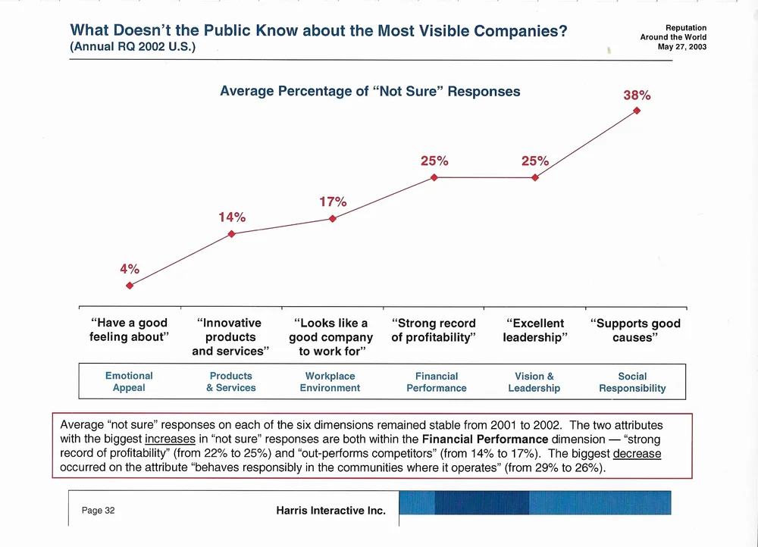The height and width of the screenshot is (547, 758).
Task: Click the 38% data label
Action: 637,96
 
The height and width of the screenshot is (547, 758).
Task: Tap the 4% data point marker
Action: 130,286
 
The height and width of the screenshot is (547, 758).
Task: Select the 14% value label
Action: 232,217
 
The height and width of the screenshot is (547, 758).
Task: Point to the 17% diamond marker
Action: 333,219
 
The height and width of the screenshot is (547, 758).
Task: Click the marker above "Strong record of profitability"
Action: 434,177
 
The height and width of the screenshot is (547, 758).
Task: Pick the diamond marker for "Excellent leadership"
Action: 535,177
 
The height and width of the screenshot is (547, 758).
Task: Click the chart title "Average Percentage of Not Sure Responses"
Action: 370,92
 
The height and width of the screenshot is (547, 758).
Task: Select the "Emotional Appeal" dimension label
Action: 129,382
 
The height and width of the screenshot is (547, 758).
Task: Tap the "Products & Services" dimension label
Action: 231,382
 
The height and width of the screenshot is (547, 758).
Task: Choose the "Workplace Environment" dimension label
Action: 330,382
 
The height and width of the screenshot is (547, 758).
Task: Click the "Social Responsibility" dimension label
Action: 632,382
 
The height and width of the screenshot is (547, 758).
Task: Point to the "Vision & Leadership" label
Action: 534,382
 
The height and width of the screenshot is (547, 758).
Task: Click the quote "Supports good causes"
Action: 635,330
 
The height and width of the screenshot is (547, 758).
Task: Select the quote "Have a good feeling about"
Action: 129,330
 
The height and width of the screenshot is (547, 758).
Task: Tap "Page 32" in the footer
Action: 99,511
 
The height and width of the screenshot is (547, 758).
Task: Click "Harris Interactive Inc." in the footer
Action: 331,511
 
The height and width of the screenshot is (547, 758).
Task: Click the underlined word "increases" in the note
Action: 171,439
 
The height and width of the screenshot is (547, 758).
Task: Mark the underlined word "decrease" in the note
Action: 637,454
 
